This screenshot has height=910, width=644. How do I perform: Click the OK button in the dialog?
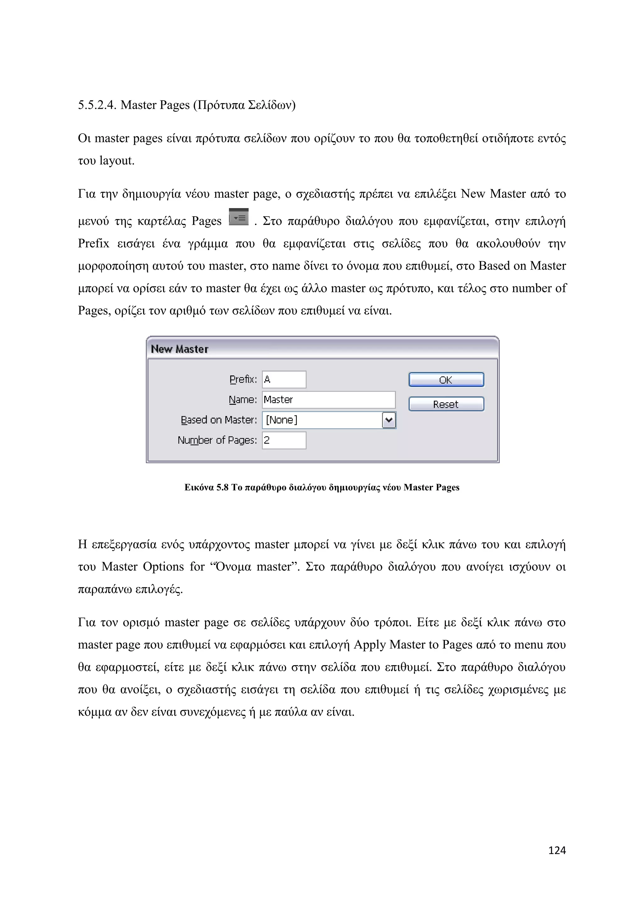446,380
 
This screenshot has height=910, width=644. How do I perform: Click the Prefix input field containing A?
284,379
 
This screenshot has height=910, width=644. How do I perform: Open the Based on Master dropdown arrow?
389,420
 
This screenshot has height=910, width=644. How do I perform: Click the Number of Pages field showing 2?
284,440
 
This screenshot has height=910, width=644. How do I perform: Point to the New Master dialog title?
180,349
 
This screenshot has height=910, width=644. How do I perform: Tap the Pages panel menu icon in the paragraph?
239,217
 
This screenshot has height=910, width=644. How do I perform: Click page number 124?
557,850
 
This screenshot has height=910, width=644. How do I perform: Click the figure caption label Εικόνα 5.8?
206,487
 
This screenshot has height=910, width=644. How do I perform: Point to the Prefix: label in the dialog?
243,379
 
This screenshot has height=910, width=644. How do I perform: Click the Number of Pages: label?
217,440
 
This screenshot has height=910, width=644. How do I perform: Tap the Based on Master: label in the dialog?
219,420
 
